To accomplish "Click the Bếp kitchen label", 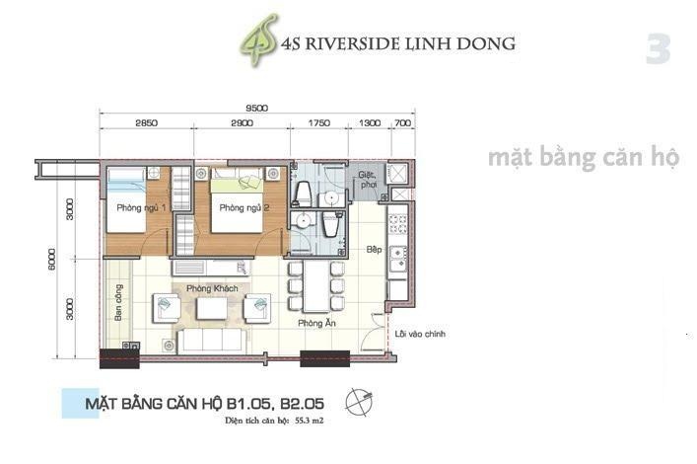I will tap(374, 251).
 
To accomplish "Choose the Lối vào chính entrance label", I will tap(420, 335).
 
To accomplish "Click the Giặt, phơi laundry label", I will tap(368, 178).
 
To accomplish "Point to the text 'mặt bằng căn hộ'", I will tap(583, 158).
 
